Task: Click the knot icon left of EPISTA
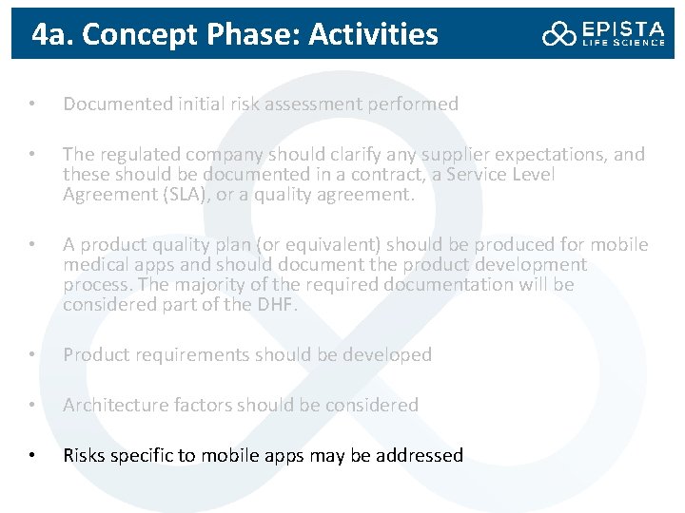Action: click(559, 34)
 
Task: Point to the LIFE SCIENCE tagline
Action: click(623, 43)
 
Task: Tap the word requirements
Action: click(182, 355)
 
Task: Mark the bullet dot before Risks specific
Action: click(31, 456)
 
